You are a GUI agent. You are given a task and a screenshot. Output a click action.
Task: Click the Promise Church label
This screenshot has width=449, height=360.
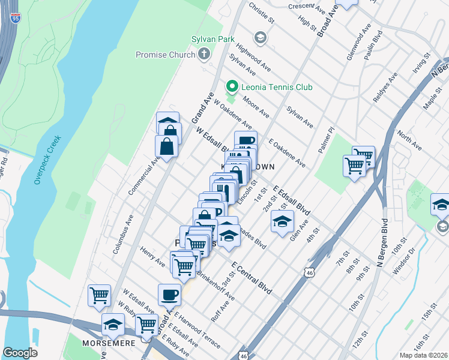[166, 55]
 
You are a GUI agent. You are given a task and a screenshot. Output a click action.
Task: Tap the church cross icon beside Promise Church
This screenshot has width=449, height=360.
[204, 55]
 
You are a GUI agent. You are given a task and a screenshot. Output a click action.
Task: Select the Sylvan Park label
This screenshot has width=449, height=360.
[200, 39]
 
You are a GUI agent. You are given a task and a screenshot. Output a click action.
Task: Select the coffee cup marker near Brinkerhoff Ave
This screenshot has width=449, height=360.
[169, 295]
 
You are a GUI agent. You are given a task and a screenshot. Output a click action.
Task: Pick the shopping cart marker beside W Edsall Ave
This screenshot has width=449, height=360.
[99, 295]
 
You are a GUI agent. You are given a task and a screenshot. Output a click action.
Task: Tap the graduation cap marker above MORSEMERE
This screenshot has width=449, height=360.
[113, 325]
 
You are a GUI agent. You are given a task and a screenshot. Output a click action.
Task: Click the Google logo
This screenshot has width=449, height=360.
[20, 352]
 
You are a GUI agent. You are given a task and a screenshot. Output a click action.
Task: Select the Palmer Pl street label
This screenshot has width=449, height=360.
[329, 139]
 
